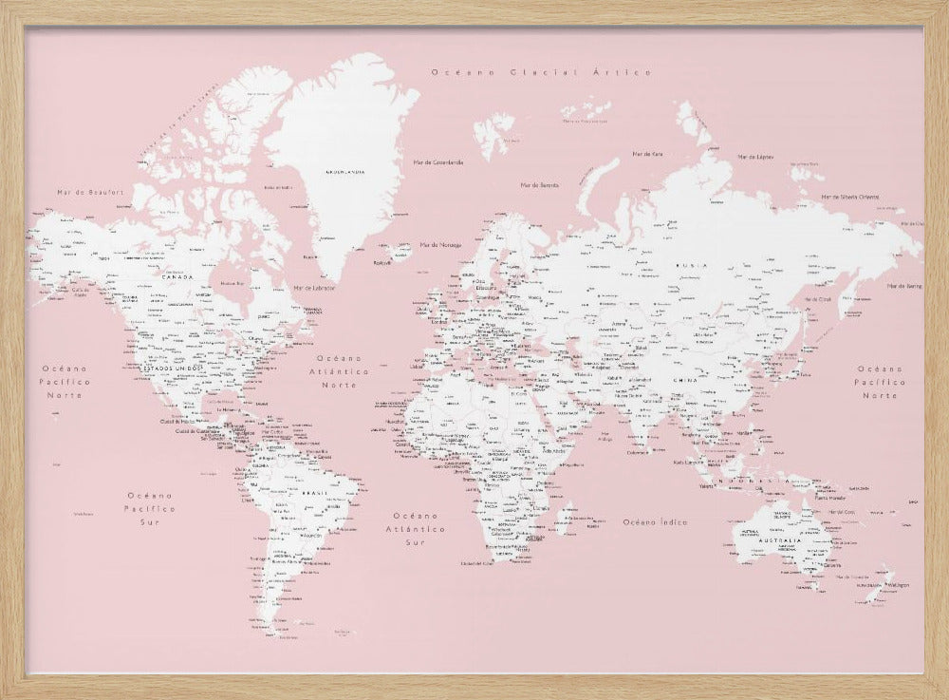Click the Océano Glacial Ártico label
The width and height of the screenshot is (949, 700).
click(541, 72)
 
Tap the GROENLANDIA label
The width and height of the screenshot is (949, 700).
click(345, 172)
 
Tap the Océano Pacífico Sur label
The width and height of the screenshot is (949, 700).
click(152, 508)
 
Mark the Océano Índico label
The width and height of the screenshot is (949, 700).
click(656, 521)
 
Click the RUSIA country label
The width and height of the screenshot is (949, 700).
click(690, 266)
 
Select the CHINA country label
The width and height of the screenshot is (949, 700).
click(684, 379)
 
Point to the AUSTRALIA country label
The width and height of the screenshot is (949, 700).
click(778, 540)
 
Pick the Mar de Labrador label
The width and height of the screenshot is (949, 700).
click(314, 287)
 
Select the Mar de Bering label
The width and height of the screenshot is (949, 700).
click(904, 285)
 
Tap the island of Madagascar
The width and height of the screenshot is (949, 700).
click(567, 518)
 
